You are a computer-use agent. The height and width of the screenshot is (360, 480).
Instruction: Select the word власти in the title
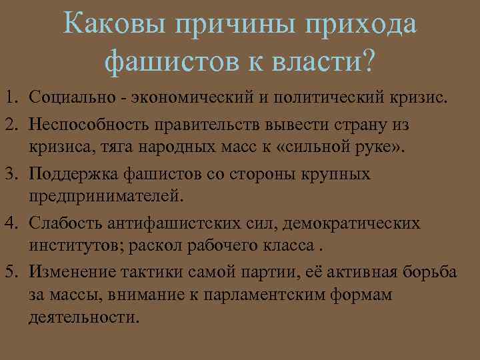coord(318,62)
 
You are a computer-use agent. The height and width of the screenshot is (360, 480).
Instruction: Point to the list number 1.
coord(13,99)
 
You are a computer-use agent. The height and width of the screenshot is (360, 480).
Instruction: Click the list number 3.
coord(13,174)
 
